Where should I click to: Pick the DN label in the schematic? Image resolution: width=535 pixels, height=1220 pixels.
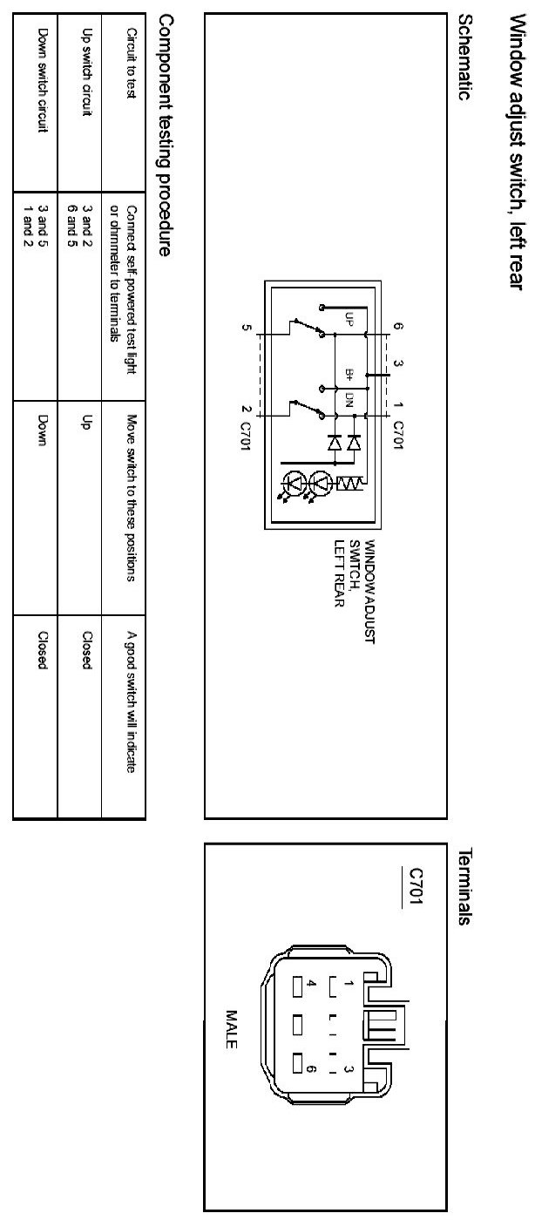(349, 402)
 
